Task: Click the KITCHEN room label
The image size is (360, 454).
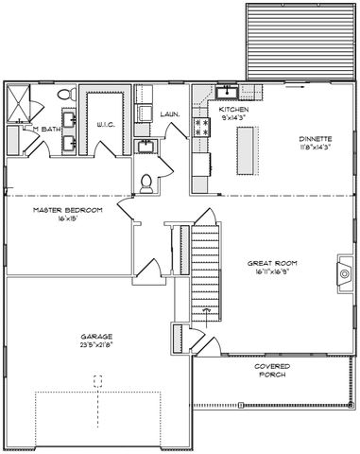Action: [233, 111]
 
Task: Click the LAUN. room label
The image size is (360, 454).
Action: [171, 113]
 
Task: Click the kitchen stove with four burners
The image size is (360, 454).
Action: [200, 126]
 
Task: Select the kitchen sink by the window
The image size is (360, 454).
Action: [228, 93]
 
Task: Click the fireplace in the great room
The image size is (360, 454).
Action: [343, 270]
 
